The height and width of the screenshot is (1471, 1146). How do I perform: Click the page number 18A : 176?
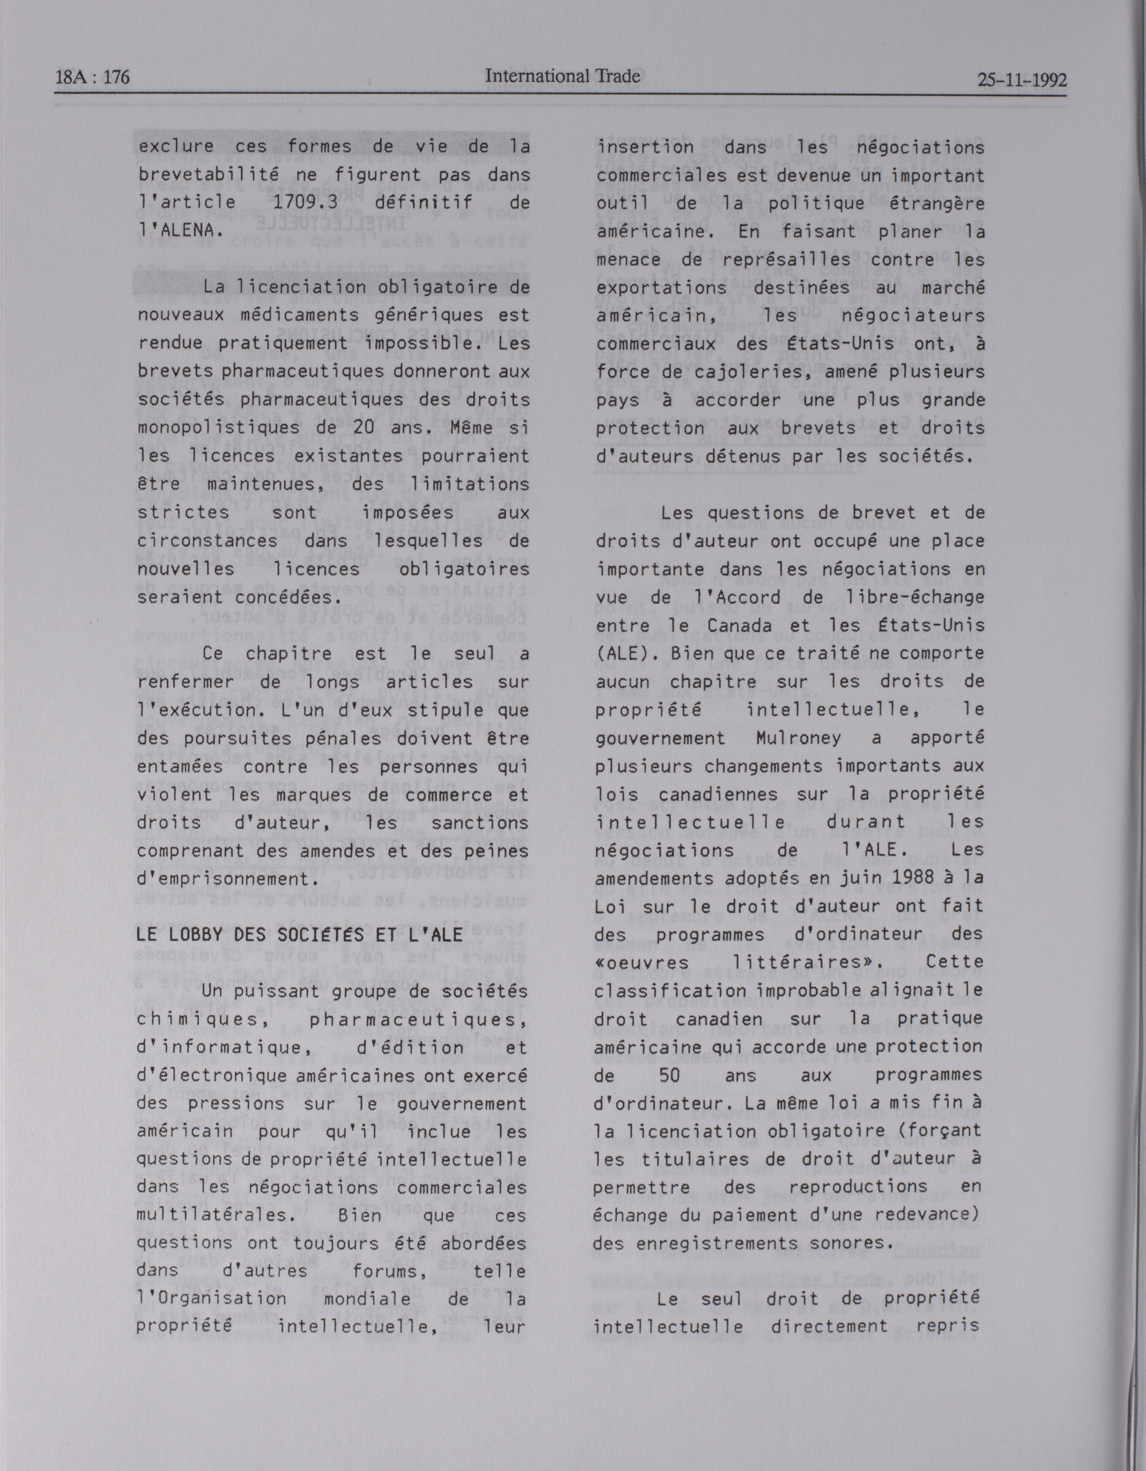(92, 78)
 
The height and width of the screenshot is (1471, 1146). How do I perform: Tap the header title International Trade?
(562, 76)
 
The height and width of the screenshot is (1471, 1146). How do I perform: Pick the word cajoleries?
(717, 372)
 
